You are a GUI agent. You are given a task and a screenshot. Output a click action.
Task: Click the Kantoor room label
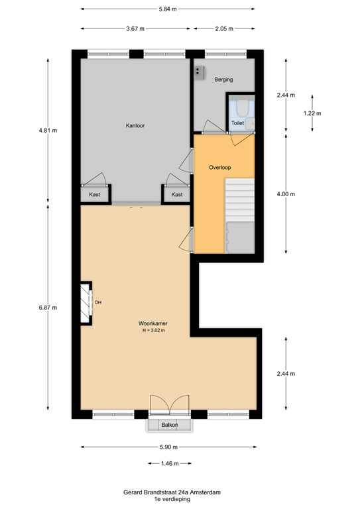click(x=135, y=126)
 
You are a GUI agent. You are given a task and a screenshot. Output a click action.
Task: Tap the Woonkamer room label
click(x=153, y=323)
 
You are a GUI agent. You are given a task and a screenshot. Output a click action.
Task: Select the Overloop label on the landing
click(x=219, y=168)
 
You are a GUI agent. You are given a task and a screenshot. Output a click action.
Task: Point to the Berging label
click(x=223, y=80)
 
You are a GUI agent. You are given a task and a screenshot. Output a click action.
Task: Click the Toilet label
click(x=237, y=123)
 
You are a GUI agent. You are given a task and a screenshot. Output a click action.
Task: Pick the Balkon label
click(x=170, y=425)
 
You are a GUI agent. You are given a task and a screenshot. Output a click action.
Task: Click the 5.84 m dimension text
click(x=168, y=9)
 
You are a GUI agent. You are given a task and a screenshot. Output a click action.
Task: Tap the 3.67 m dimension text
click(x=135, y=28)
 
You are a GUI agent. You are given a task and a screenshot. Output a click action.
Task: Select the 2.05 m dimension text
click(x=224, y=28)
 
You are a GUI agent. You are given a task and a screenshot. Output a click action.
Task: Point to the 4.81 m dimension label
click(x=48, y=131)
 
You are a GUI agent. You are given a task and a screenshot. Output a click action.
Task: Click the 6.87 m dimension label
click(x=48, y=308)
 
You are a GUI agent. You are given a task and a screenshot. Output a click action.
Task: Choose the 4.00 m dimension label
click(x=286, y=194)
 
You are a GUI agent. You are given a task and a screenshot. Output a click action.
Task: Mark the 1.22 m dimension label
click(x=312, y=113)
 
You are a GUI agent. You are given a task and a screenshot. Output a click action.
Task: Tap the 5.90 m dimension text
click(x=169, y=447)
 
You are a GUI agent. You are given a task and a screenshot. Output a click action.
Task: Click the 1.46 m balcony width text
click(x=170, y=463)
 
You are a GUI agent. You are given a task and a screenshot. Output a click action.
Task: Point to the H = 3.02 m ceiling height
click(x=154, y=331)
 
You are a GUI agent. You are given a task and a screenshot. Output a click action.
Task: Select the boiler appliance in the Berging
click(x=200, y=73)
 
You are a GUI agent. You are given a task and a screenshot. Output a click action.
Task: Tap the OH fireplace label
click(x=98, y=302)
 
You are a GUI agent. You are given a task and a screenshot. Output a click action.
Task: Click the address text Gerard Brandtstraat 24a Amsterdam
click(x=172, y=492)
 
